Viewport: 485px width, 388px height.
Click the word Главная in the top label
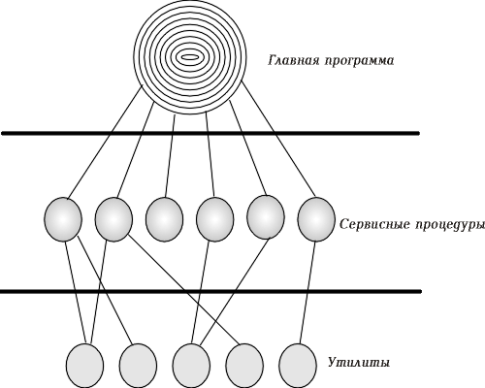293,60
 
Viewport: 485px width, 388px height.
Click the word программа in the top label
359,62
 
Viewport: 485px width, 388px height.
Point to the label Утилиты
359,363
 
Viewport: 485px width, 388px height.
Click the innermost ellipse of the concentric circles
190,57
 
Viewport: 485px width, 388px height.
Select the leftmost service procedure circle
63,219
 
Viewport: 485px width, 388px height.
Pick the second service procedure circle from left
113,219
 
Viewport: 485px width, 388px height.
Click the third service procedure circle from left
164,219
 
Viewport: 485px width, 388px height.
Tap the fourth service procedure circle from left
214,219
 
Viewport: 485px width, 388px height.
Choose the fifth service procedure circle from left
266,217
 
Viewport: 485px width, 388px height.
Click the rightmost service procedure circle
316,219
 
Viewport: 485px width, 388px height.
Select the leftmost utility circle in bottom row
85,366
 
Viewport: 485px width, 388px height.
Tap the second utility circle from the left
139,366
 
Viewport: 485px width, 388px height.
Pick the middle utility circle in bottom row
191,366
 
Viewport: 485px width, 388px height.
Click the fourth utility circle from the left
244,366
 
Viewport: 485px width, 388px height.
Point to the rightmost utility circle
298,366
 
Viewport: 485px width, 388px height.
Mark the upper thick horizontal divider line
210,133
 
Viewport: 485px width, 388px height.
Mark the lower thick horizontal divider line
210,291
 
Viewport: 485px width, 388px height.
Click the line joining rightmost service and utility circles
307,293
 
